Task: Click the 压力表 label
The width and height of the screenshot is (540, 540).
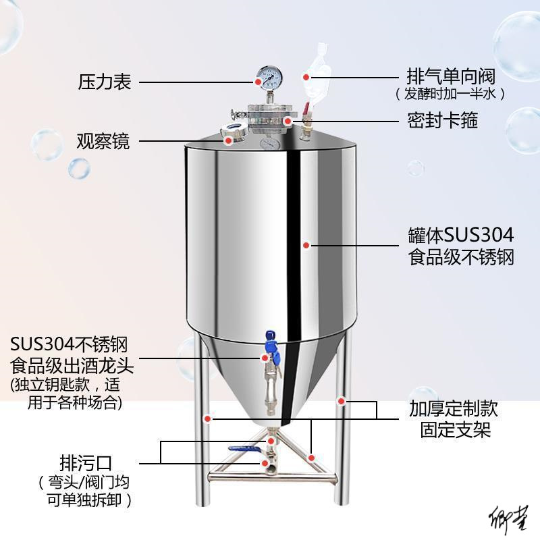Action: click(x=105, y=82)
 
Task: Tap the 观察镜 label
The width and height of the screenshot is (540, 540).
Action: click(x=103, y=142)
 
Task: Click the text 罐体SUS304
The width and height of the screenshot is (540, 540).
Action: click(x=461, y=236)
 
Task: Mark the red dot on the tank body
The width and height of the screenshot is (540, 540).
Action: click(x=306, y=246)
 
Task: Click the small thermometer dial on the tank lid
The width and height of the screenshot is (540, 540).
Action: click(x=269, y=144)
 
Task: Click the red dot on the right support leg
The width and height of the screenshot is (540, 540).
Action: click(x=342, y=402)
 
